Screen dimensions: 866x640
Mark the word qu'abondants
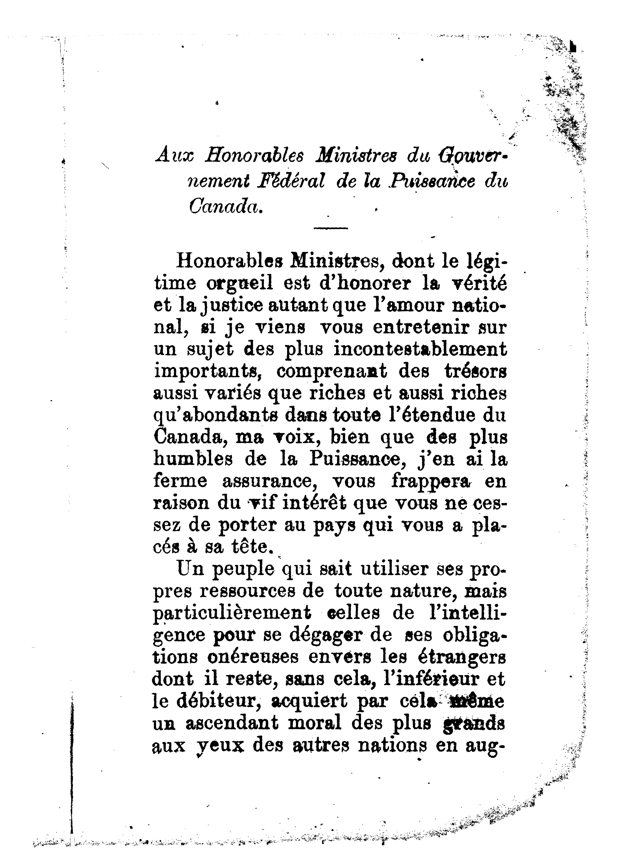coord(216,416)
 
